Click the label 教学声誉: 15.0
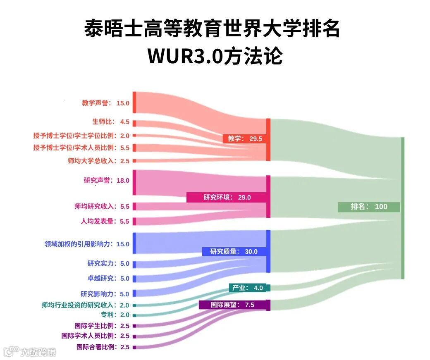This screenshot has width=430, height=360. [105, 103]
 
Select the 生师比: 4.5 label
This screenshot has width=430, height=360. [110, 122]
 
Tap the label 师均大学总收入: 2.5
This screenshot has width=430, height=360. [98, 161]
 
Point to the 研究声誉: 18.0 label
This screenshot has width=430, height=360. [106, 180]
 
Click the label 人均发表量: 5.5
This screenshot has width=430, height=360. [105, 221]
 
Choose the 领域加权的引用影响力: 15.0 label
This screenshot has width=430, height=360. [87, 244]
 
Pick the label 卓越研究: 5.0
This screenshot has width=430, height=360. [108, 278]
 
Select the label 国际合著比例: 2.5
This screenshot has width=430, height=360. [103, 347]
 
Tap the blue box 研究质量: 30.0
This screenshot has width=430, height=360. [234, 251]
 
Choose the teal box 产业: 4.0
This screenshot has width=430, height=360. [249, 288]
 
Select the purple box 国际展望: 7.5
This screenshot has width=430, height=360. [234, 305]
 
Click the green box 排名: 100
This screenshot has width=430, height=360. [369, 207]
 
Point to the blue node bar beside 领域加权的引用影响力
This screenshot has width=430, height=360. [134, 243]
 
